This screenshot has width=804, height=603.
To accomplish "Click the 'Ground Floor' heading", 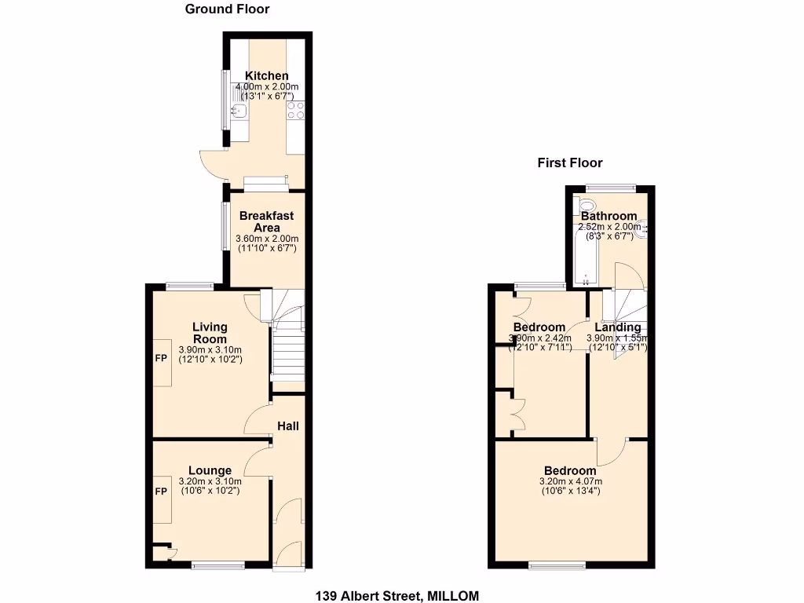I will tap(227, 9).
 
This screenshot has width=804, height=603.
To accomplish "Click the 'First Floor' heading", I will tap(569, 163).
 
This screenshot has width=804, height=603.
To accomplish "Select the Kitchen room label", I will tap(267, 76).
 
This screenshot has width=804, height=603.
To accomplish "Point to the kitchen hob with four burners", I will tap(296, 111).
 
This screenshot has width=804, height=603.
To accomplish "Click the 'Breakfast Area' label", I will tap(266, 221).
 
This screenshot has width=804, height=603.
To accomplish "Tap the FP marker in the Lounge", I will tap(160, 492).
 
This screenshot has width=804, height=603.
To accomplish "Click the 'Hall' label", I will tap(287, 426).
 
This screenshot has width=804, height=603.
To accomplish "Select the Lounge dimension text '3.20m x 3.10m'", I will tap(210, 481).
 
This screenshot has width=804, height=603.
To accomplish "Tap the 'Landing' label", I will tap(617, 327).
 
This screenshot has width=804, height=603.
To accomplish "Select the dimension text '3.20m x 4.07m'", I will tap(570, 481).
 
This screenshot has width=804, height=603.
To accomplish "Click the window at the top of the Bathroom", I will tap(610, 187).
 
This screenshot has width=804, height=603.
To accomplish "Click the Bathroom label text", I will tap(608, 217).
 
